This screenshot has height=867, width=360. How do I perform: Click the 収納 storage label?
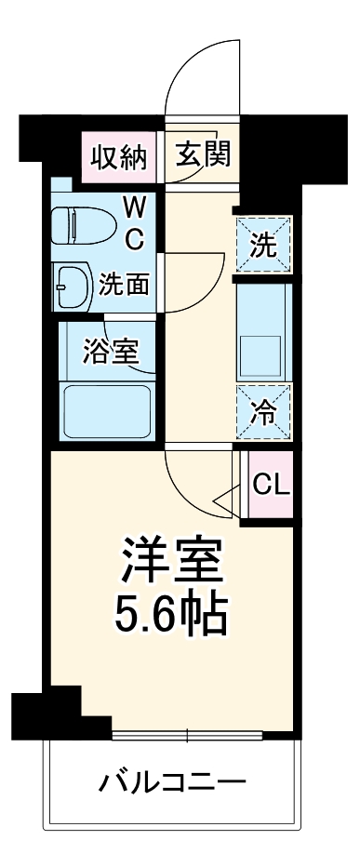tap(118, 155)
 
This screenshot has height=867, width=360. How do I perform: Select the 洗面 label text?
tap(124, 283)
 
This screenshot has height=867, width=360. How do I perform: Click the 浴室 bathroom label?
tap(111, 352)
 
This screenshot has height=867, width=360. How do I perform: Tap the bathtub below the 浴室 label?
tap(109, 409)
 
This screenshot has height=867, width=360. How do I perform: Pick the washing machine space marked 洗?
tap(264, 247)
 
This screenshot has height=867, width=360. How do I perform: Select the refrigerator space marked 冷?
tap(264, 410)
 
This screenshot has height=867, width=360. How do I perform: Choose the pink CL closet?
tap(272, 483)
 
